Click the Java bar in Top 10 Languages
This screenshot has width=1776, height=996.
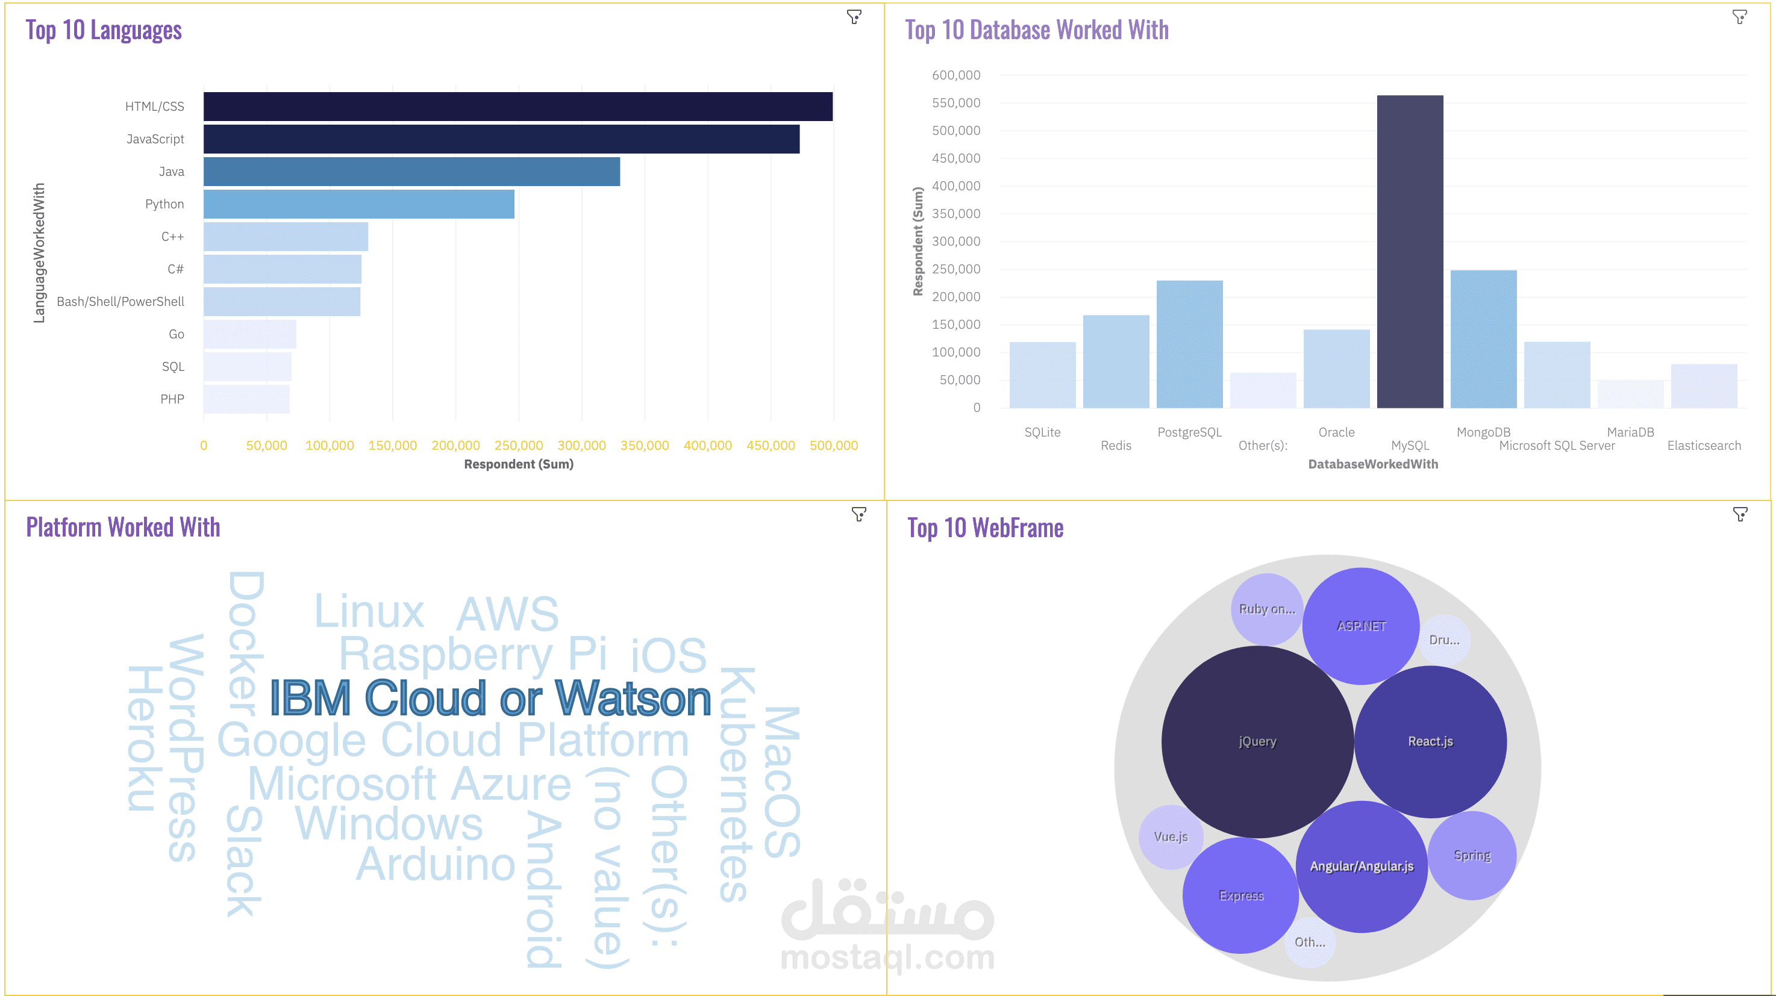411,172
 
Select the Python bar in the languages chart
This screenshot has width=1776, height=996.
358,204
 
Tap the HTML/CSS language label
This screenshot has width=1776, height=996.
154,106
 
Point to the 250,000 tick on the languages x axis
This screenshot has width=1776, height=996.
519,445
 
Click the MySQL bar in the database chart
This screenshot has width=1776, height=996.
1410,252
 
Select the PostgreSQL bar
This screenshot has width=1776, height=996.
1189,344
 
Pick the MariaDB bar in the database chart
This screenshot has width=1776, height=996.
1631,394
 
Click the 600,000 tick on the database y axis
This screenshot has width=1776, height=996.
955,75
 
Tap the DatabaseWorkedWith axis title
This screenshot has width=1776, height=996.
1373,464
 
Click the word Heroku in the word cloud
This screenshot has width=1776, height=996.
145,738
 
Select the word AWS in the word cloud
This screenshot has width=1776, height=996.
507,613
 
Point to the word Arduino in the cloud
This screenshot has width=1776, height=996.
436,864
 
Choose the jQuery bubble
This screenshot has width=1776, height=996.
1257,742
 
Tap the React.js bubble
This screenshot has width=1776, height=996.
1430,742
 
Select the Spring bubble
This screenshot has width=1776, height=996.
1472,854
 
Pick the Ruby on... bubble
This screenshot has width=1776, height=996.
1266,609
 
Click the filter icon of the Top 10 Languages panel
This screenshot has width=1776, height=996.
854,16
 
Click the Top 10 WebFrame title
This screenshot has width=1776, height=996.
985,528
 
